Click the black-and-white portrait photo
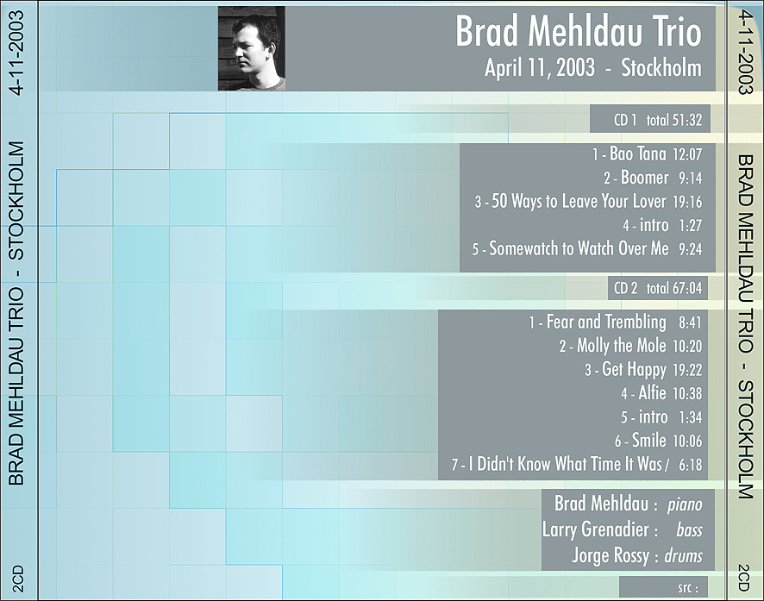click(252, 48)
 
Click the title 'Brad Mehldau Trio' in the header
click(579, 32)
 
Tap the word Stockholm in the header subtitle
click(661, 68)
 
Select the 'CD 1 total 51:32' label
click(658, 120)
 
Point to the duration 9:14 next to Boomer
click(691, 178)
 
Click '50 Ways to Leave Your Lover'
click(579, 201)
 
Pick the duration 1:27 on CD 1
click(691, 226)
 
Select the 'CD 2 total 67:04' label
click(658, 288)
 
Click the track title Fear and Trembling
click(606, 322)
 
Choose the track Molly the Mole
click(621, 346)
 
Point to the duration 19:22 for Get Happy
click(687, 370)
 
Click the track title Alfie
click(653, 392)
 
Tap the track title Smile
click(649, 441)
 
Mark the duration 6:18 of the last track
click(691, 465)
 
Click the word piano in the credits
click(685, 505)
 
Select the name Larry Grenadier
click(595, 530)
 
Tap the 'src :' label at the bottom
click(687, 588)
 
